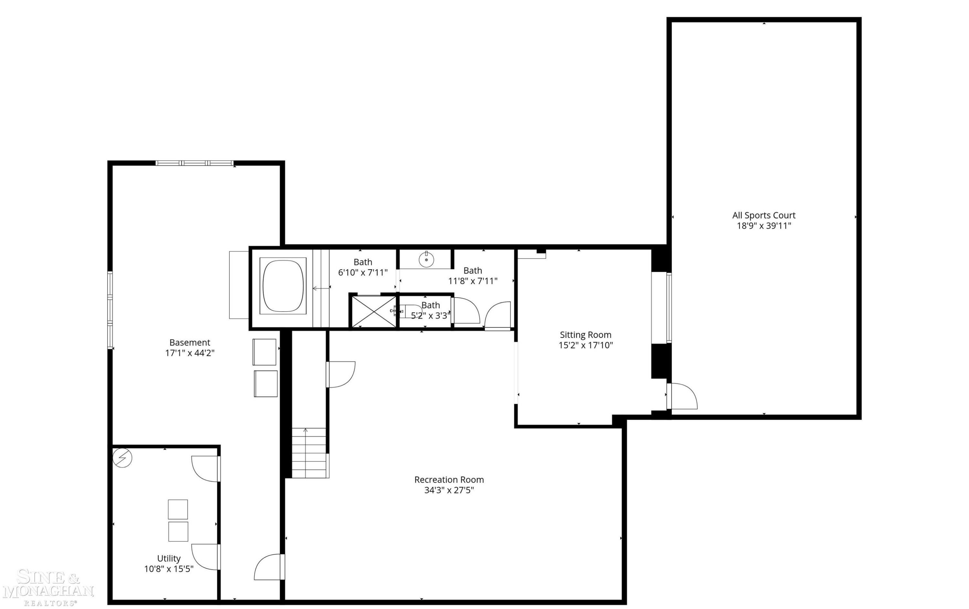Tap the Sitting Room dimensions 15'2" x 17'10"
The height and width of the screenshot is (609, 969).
click(x=586, y=345)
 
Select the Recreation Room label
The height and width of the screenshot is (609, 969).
click(x=449, y=480)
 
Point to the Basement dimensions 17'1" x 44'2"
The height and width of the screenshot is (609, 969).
click(x=190, y=353)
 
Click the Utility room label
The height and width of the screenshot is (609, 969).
click(x=169, y=558)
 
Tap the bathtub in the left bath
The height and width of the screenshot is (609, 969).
click(x=283, y=285)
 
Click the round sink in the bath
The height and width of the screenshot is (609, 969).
click(x=426, y=260)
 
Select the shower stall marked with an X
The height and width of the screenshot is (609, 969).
click(x=374, y=312)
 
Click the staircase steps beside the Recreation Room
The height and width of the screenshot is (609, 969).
click(x=309, y=453)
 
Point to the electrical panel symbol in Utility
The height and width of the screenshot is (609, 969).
click(x=122, y=458)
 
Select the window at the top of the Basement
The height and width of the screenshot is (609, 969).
click(x=194, y=163)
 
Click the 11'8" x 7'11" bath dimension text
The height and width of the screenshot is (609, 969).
click(x=473, y=281)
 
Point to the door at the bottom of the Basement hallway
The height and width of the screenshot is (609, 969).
click(x=269, y=567)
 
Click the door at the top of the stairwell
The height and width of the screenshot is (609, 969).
click(x=340, y=375)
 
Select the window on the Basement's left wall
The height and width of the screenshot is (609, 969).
click(x=110, y=310)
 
